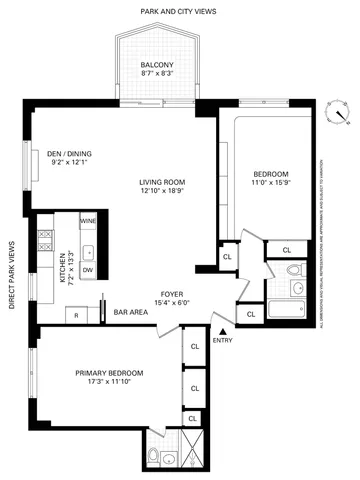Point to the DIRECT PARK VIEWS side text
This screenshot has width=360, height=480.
(x=12, y=274)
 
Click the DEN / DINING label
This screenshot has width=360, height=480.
(x=68, y=154)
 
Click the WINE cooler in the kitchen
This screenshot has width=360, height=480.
(x=87, y=221)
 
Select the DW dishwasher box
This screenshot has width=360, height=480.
(x=88, y=270)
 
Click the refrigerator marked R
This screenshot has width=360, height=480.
(x=77, y=315)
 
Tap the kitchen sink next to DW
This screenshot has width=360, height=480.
(x=87, y=250)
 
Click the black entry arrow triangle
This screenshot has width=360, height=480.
(x=222, y=330)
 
